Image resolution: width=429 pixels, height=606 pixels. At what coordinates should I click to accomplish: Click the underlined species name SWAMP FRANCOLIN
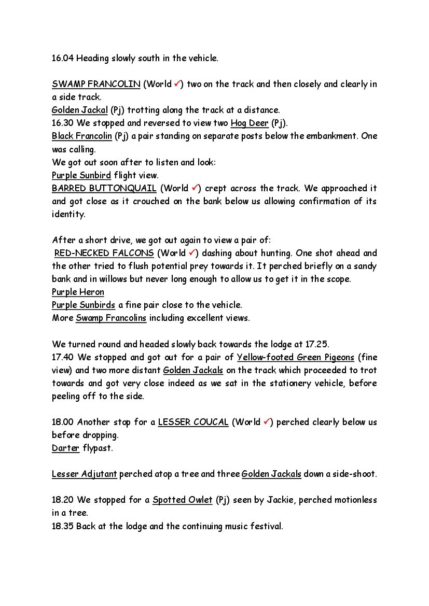[x=96, y=84]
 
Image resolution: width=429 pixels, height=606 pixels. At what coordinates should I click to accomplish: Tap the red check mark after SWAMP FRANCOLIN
[x=177, y=83]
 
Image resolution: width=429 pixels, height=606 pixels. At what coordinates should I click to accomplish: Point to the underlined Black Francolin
[x=82, y=136]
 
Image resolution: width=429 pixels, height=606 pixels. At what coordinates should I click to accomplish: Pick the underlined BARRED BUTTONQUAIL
[x=104, y=188]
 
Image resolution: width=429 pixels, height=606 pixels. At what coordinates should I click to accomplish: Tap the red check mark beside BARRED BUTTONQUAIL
[x=195, y=188]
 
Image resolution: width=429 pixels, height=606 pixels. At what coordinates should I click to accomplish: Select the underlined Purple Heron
[x=78, y=292]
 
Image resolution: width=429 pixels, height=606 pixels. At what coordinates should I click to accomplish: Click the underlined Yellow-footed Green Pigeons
[x=296, y=357]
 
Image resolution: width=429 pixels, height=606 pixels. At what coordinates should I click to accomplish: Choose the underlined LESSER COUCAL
[x=193, y=422]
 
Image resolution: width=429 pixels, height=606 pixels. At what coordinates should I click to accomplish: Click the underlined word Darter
[x=66, y=448]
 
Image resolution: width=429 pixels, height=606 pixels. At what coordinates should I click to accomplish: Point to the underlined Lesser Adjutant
[x=85, y=474]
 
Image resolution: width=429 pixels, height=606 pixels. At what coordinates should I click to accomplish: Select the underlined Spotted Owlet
[x=182, y=500]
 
